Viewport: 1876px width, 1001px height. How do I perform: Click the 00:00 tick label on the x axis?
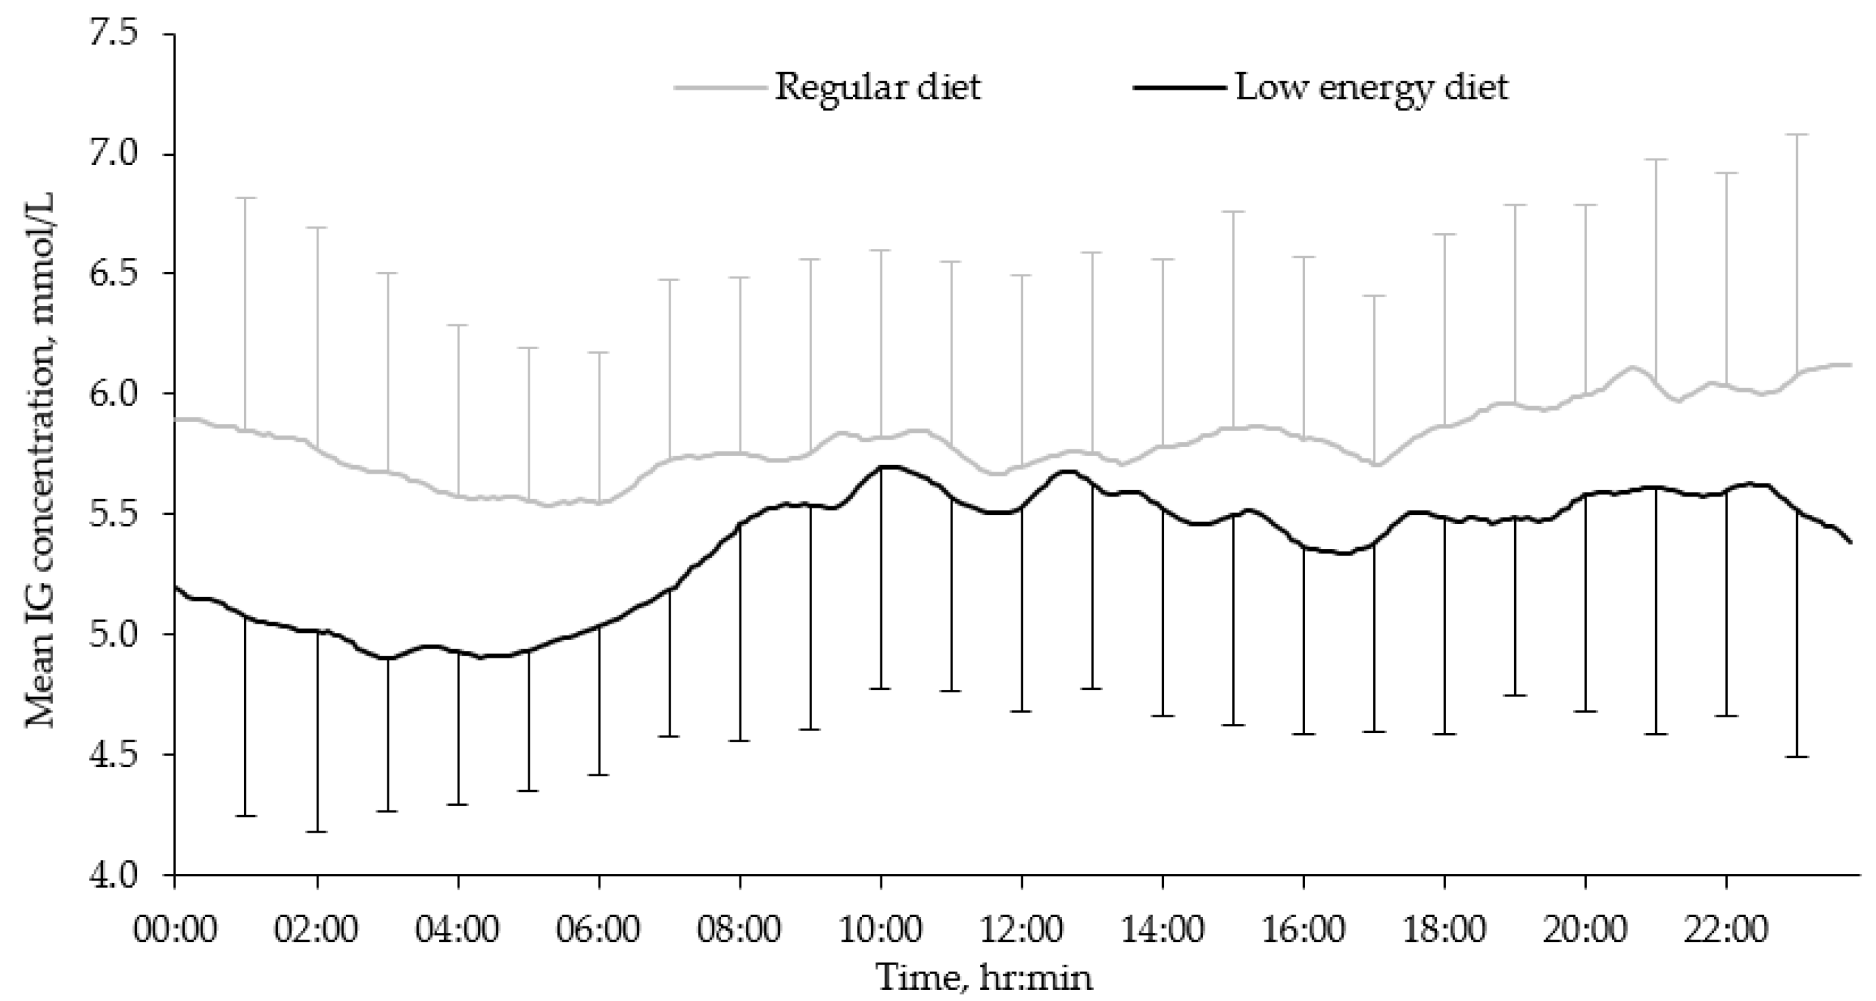[175, 930]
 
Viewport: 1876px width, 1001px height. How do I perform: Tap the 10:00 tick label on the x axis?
[881, 930]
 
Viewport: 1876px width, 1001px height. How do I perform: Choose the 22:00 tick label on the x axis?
[1726, 930]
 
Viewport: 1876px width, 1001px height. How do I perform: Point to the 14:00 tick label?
[1163, 930]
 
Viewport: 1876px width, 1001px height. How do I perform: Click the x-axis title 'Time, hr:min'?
[985, 977]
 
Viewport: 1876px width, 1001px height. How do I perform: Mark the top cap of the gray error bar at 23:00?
[1797, 135]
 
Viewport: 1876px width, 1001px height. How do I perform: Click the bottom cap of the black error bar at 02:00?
[317, 831]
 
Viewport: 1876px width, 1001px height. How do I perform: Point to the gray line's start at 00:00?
[177, 419]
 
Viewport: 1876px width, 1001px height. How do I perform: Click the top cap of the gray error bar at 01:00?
[246, 198]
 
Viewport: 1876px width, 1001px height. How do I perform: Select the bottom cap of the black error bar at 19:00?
[1515, 695]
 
